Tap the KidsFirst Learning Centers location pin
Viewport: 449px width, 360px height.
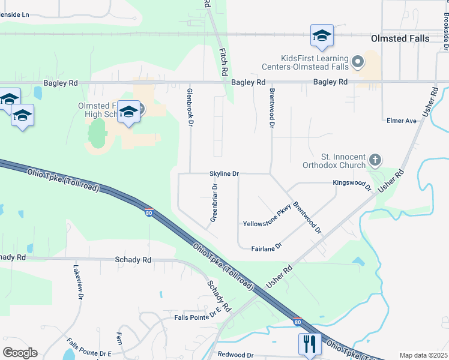pos(358,62)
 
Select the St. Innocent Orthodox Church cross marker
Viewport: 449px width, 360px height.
pos(375,160)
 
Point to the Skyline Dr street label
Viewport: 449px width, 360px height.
pos(224,173)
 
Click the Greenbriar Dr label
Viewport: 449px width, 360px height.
pos(214,203)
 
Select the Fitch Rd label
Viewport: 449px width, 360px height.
pos(223,61)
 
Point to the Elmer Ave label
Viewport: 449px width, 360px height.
pos(402,121)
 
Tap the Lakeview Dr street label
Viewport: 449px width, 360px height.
pos(77,282)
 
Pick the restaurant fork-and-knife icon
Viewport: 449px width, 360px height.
pos(309,344)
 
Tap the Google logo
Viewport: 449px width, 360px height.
pos(20,353)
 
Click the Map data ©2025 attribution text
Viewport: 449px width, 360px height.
pos(423,355)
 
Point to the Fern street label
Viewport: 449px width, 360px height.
pos(119,338)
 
